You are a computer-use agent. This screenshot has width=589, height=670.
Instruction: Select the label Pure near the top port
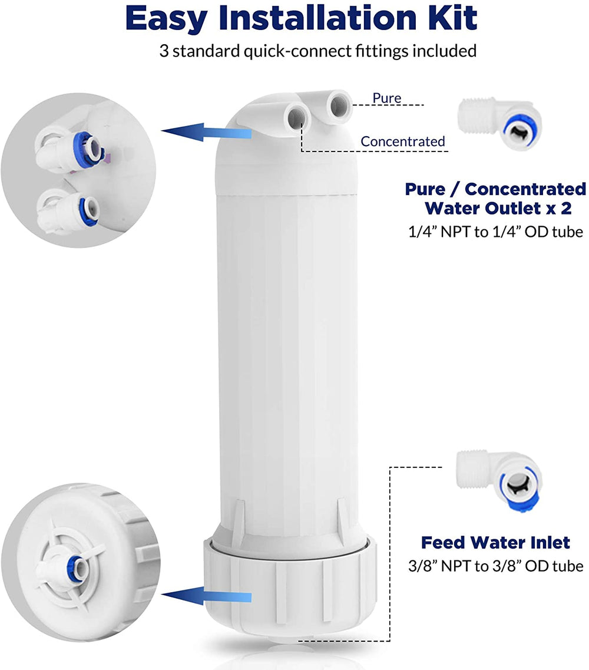(x=386, y=98)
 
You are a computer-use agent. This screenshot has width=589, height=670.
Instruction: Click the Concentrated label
(x=403, y=141)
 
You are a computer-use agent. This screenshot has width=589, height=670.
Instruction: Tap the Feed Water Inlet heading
(x=495, y=542)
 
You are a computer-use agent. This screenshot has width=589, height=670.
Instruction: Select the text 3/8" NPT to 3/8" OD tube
(x=495, y=566)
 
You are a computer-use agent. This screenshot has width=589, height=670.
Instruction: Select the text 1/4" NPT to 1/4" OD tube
(x=495, y=232)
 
